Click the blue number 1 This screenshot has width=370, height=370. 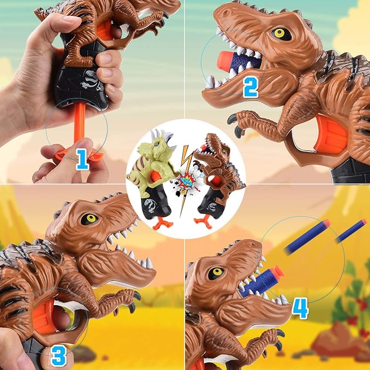(x=82, y=159)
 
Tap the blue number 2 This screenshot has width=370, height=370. (x=250, y=86)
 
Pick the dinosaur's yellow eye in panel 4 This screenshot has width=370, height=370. (x=216, y=272)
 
